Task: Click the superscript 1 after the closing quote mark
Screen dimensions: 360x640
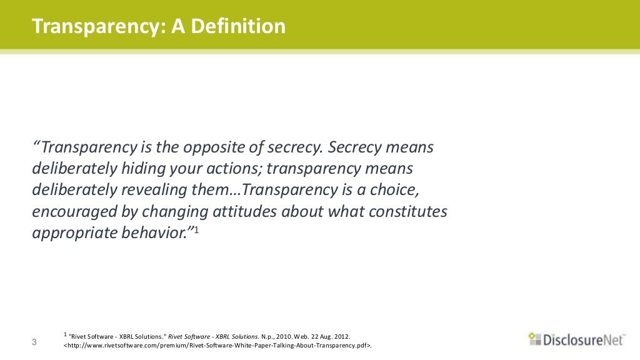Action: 196,231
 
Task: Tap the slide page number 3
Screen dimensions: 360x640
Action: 34,342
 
